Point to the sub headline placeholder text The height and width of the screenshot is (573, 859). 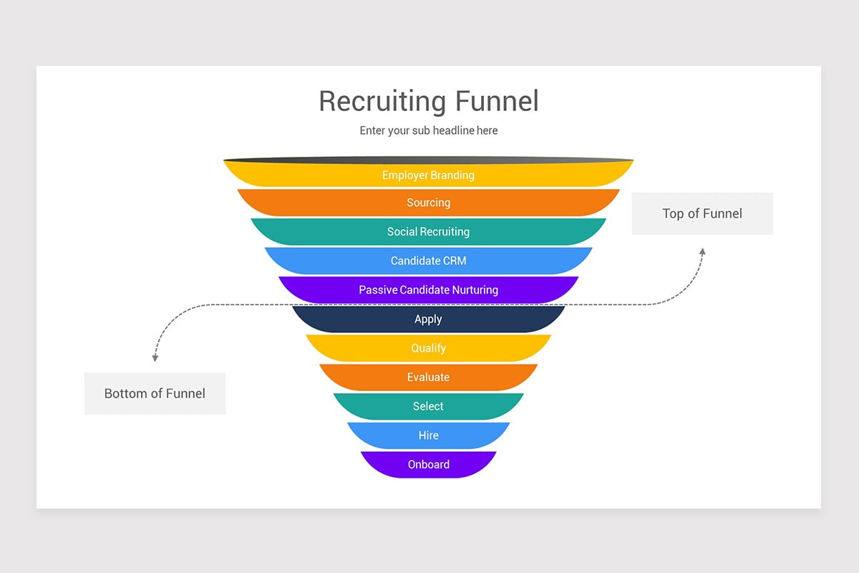[x=428, y=130]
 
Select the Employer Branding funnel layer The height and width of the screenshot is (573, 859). [x=428, y=175]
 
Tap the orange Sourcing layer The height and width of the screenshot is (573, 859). [x=428, y=203]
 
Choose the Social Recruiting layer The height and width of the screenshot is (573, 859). [x=428, y=231]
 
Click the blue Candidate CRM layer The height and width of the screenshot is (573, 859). [x=428, y=261]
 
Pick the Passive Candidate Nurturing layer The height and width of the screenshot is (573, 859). [x=428, y=290]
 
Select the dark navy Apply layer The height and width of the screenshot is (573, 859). [x=428, y=319]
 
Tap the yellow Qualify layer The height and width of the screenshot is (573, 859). [x=428, y=348]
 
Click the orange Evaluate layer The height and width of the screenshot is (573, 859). [x=428, y=377]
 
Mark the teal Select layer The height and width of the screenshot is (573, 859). [x=428, y=406]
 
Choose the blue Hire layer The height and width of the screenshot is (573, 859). [x=428, y=435]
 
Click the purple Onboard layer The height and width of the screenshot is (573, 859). [x=428, y=464]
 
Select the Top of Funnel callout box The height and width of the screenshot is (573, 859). [x=702, y=213]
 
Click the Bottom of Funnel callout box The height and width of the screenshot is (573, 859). [x=155, y=393]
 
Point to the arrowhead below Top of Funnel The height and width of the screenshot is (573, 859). [x=702, y=251]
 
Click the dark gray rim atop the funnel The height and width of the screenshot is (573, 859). [x=428, y=160]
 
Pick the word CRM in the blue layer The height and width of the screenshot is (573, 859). [x=453, y=261]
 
